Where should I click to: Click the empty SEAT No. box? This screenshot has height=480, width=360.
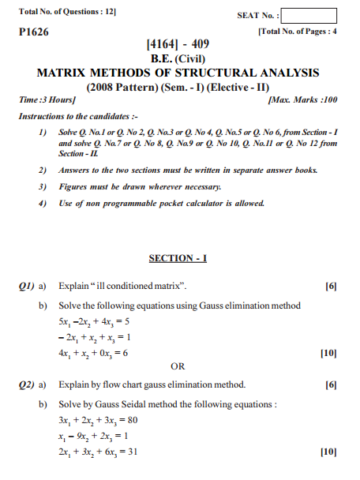308,16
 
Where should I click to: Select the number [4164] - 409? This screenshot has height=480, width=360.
178,45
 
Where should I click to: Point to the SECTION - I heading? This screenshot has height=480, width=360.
178,258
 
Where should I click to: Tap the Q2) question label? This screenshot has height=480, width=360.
28,384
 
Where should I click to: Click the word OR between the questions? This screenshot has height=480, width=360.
178,366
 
